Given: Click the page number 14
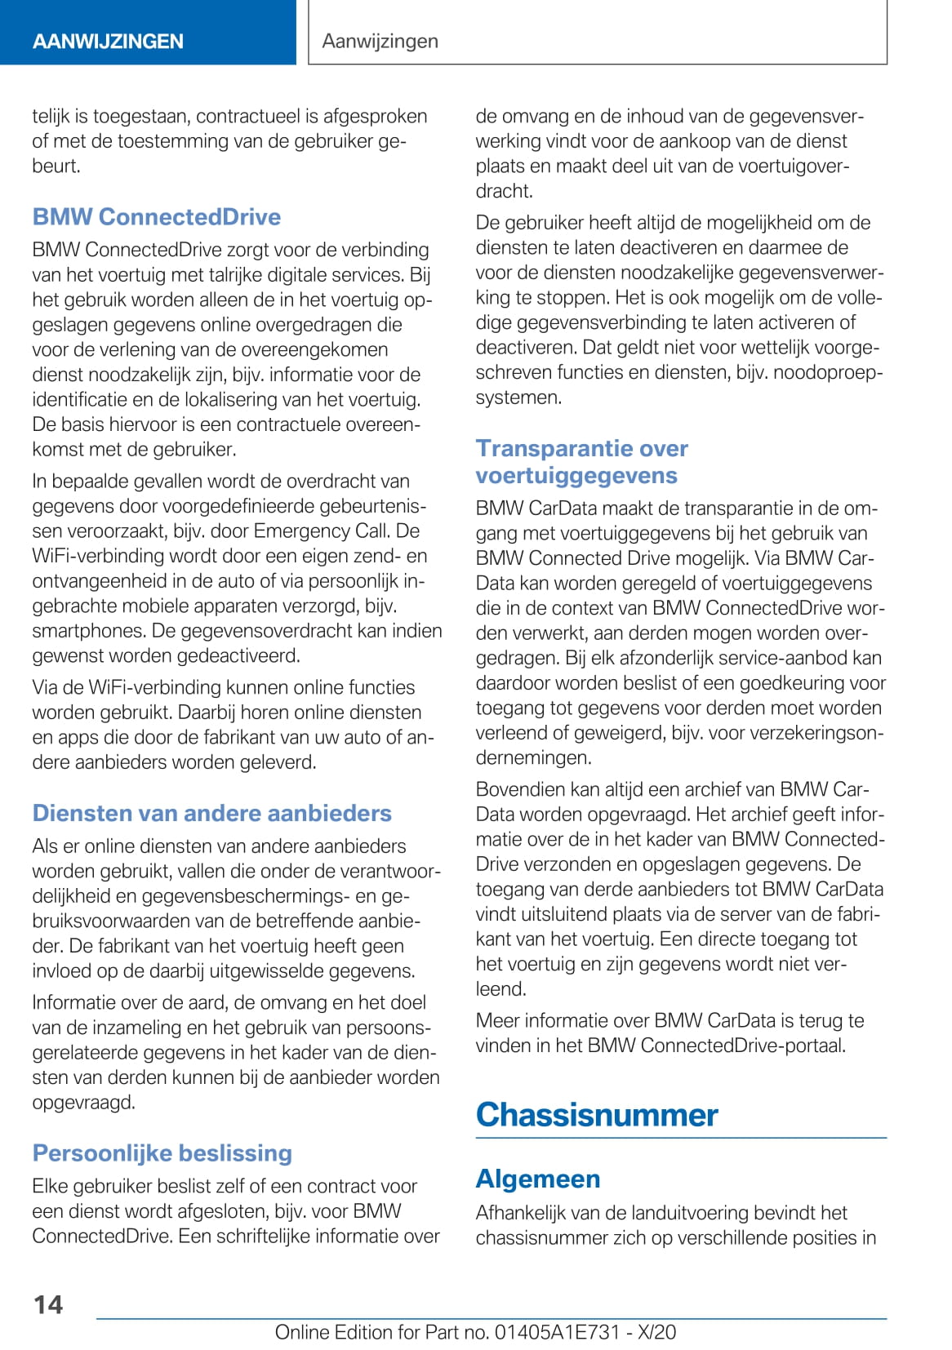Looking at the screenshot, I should (48, 1304).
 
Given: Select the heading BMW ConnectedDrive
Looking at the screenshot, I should (157, 217).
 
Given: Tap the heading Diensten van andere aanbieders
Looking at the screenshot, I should (212, 813).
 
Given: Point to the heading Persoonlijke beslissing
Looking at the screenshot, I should (162, 1153).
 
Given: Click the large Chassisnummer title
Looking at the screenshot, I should (597, 1115).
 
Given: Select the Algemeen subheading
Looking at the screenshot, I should (538, 1179).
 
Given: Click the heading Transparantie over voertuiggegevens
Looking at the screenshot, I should (581, 462).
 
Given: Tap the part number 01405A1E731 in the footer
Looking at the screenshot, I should (558, 1332).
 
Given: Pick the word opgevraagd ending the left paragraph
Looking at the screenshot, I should (83, 1103).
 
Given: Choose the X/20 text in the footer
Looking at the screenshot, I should (656, 1332).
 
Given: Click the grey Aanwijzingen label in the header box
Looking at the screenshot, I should (380, 41).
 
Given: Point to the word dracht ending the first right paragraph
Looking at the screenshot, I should (504, 191).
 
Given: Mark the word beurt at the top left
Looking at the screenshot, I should (56, 167).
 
